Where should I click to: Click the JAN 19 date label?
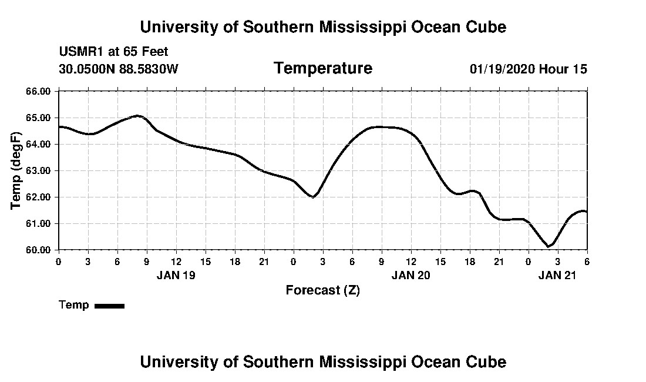(x=176, y=275)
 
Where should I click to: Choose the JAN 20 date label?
(x=411, y=275)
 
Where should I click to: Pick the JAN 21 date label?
(x=558, y=275)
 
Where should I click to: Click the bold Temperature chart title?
(x=323, y=69)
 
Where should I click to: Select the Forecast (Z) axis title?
(x=323, y=290)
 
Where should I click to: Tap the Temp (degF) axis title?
(x=16, y=170)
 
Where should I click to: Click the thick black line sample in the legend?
(x=109, y=306)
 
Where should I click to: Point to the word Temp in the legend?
(x=74, y=305)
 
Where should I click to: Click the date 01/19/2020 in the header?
(x=502, y=69)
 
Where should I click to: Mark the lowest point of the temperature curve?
(x=549, y=246)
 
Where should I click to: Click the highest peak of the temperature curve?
(x=137, y=116)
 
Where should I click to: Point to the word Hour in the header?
(x=554, y=69)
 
